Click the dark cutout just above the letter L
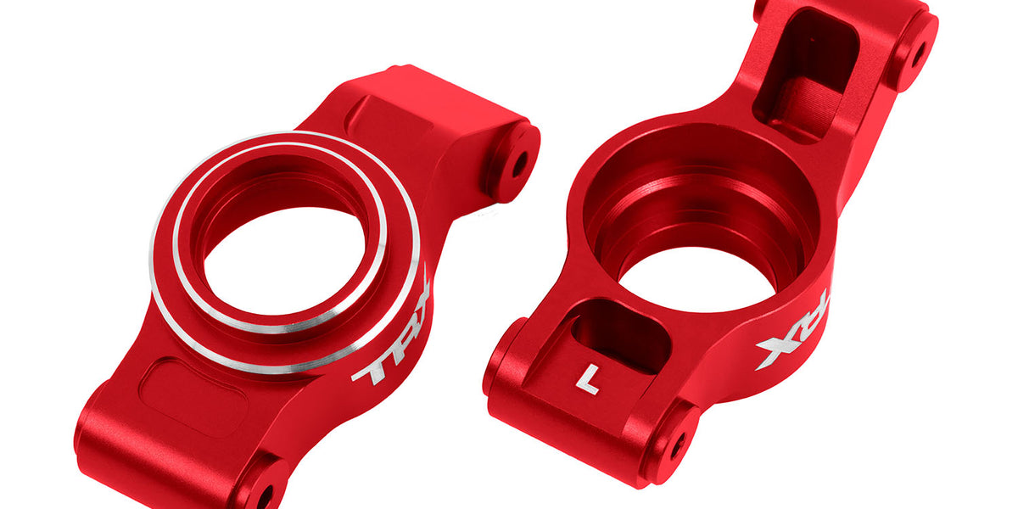click(x=616, y=335)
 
